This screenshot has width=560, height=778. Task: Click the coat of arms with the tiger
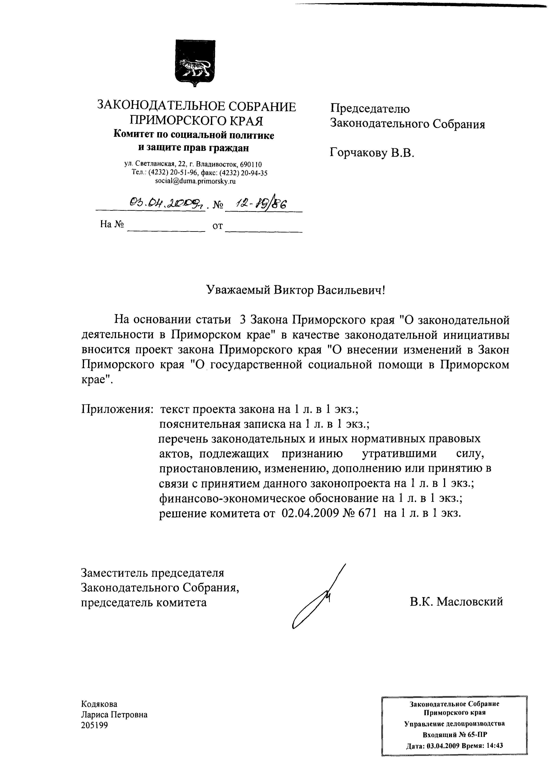click(195, 63)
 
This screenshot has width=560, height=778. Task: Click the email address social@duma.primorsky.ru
click(195, 182)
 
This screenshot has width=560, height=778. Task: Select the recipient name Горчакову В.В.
click(372, 152)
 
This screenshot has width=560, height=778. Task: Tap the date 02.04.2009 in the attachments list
click(308, 513)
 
